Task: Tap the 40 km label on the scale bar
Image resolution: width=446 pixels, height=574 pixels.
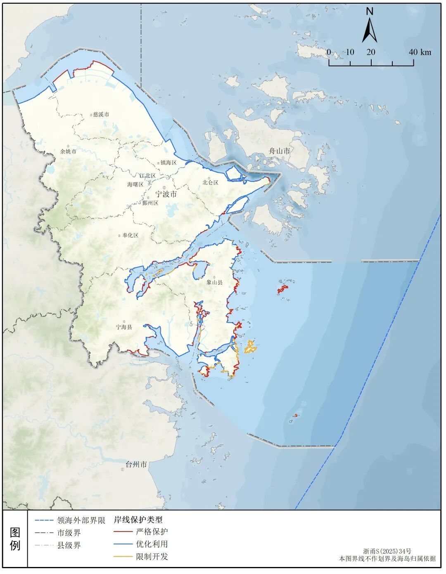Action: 420,52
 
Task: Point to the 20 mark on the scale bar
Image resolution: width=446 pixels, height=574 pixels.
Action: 371,52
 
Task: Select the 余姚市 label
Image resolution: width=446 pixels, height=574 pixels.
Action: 69,151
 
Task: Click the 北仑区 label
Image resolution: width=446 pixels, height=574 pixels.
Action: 210,182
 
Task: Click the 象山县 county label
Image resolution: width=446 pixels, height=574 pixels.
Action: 215,283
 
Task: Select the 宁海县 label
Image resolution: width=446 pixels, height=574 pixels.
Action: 124,327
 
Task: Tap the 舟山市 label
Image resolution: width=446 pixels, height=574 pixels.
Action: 280,151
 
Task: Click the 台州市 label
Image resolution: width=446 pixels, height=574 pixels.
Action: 136,465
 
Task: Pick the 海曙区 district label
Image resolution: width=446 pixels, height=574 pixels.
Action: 135,184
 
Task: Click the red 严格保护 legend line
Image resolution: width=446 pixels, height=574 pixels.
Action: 123,531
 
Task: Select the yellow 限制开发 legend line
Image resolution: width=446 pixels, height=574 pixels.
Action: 123,557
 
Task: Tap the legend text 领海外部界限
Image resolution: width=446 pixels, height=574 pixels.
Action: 81,520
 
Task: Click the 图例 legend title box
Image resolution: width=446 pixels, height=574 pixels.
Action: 15,539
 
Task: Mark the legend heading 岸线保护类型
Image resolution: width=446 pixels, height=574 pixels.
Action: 138,520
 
